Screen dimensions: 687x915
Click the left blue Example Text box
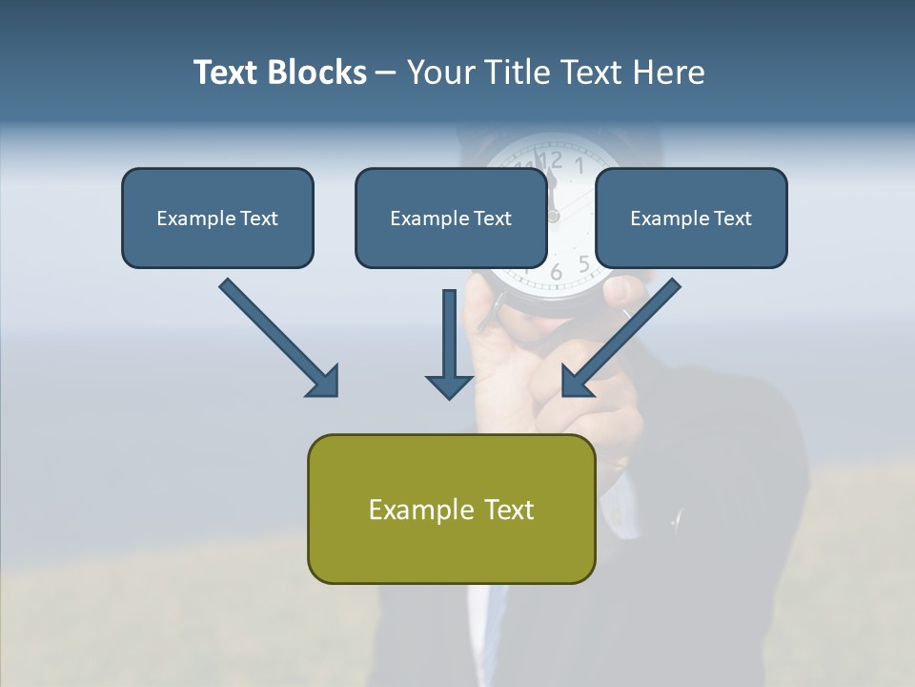217,218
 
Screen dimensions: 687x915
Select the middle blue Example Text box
451,218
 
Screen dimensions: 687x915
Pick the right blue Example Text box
691,218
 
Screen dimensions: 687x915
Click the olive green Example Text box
451,509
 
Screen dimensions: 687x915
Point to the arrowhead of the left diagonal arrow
324,382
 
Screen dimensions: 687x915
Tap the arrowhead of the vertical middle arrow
449,385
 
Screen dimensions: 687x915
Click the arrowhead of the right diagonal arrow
576,382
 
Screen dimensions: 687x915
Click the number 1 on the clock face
579,164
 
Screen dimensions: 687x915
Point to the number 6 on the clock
557,273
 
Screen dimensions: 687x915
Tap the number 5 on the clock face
583,263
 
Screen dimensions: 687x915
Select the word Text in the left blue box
259,218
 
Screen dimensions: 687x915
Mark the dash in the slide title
386,73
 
